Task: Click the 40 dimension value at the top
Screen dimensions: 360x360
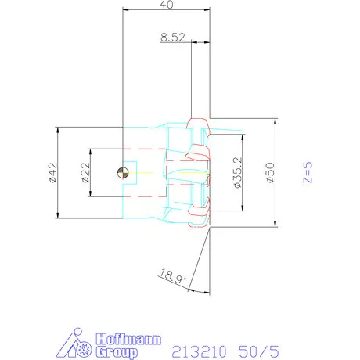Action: click(167, 5)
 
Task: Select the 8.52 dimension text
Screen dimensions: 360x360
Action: click(173, 38)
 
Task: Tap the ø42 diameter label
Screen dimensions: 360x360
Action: click(52, 173)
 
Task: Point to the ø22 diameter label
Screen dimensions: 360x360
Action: click(85, 172)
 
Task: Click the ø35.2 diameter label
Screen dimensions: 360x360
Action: click(238, 172)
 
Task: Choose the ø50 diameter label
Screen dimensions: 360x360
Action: click(270, 172)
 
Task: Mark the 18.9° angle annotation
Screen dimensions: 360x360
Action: click(173, 276)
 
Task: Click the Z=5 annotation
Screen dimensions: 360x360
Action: click(308, 172)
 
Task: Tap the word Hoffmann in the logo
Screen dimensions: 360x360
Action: click(128, 339)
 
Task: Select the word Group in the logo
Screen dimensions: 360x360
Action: click(117, 352)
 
